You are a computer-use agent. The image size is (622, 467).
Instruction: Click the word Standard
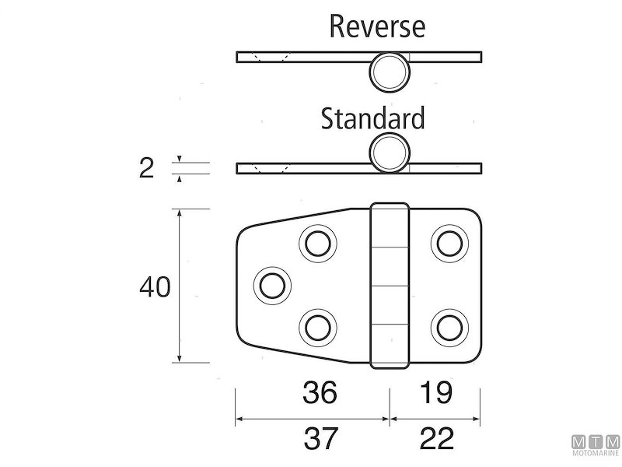point(373,119)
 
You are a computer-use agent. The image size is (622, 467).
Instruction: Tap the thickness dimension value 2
point(146,167)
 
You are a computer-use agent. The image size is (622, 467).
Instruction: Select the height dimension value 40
point(155,287)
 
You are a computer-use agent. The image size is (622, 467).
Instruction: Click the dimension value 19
point(437,393)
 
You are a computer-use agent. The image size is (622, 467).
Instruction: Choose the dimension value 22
point(437,441)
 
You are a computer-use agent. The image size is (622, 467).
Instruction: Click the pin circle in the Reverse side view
point(388,71)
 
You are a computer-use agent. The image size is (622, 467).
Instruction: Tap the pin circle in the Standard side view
point(388,153)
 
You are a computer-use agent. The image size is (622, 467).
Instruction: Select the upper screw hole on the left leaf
point(316,244)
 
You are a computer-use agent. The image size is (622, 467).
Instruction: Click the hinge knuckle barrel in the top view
point(390,285)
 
